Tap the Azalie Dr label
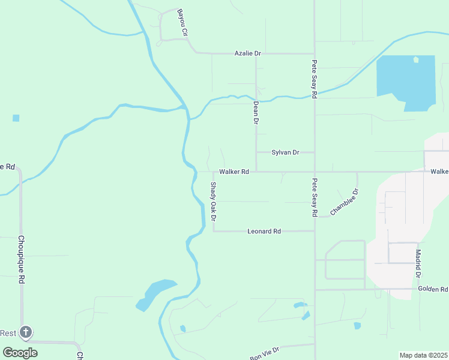click(x=247, y=53)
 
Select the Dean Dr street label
click(x=256, y=112)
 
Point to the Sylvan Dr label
click(x=285, y=152)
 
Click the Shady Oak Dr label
click(x=213, y=200)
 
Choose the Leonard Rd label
click(x=264, y=231)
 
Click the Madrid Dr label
click(x=418, y=264)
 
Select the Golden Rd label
click(x=432, y=290)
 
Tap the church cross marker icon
click(x=25, y=332)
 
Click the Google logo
click(x=20, y=352)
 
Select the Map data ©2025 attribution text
click(x=423, y=355)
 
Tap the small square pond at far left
click(x=16, y=118)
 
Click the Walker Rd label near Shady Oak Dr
click(x=234, y=172)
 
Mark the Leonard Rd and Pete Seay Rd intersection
click(x=315, y=231)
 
